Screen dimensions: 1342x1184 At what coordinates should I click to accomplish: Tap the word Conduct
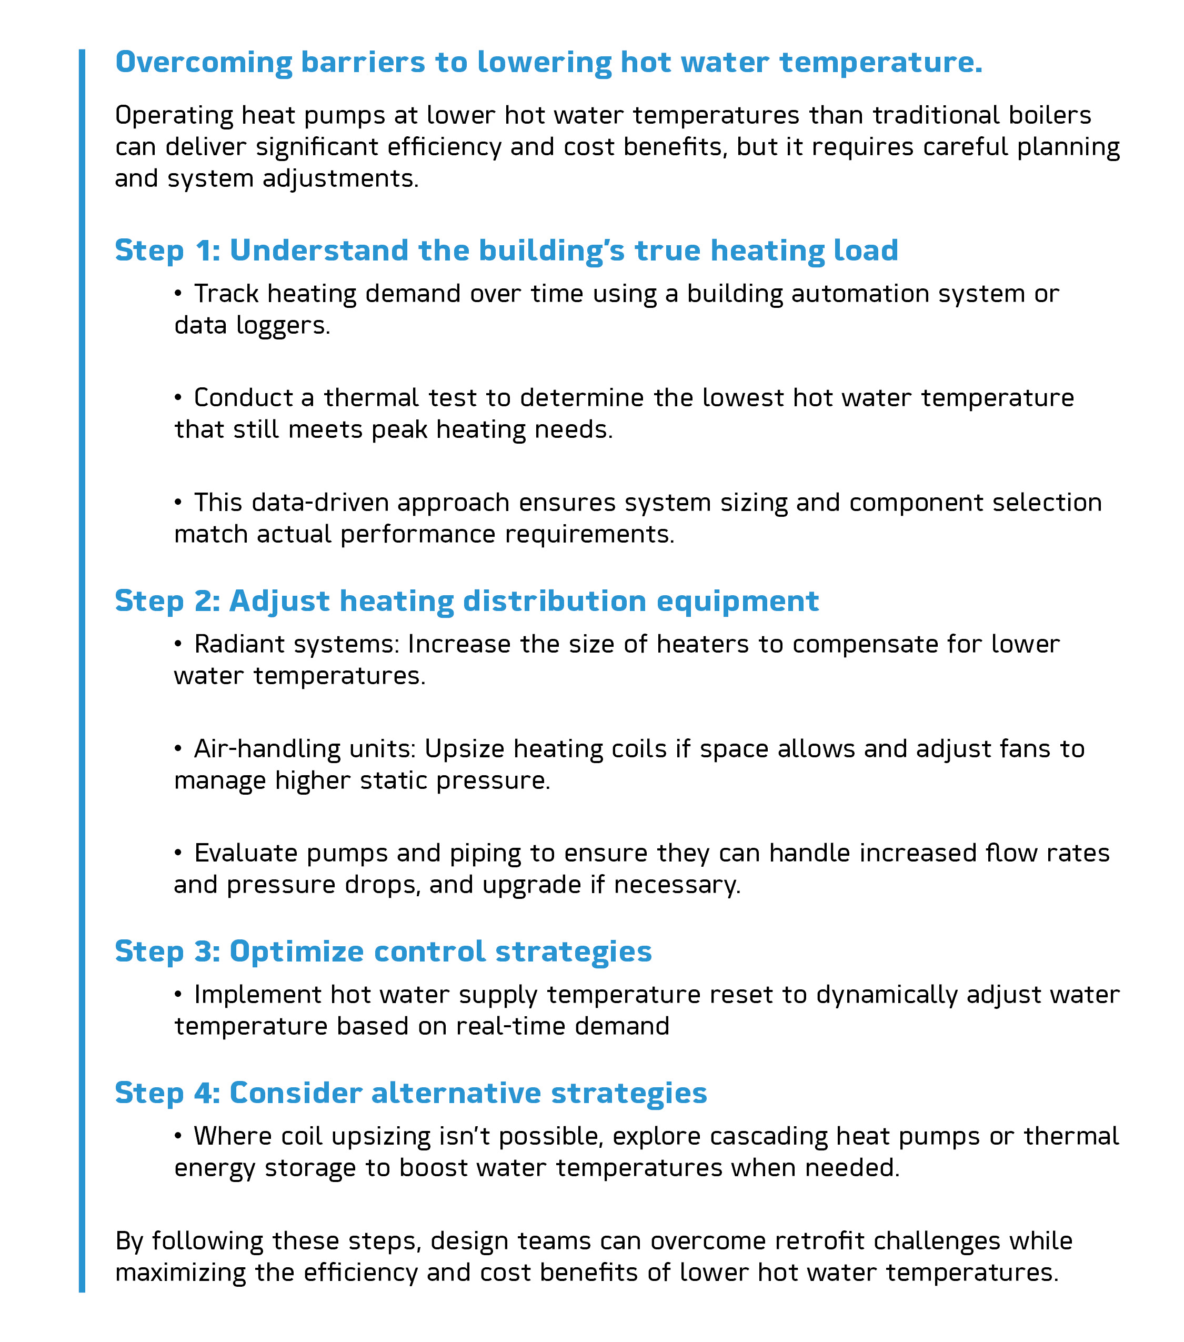243,398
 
